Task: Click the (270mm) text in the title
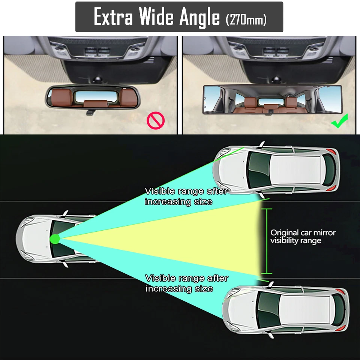click(246, 19)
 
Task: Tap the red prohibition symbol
click(156, 121)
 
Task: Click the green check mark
click(340, 122)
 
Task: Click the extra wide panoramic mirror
click(268, 100)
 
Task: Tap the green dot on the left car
click(55, 239)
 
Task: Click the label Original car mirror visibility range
click(303, 236)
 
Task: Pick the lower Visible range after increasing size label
click(186, 283)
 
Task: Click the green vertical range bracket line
click(267, 241)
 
